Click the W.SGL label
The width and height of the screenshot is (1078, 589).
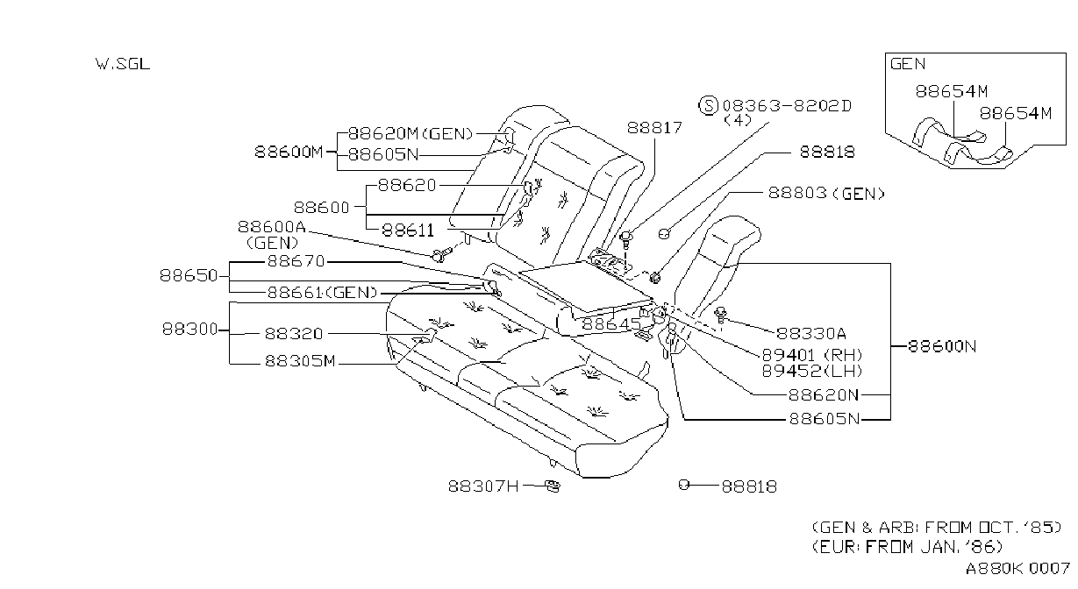tap(123, 64)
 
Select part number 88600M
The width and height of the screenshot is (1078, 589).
tap(289, 152)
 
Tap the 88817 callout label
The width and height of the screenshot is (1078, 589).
tap(654, 127)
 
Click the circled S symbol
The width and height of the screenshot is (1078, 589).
tap(708, 105)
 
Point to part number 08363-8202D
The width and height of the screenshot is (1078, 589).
tap(787, 106)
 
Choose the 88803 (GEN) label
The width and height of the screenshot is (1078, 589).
tap(826, 194)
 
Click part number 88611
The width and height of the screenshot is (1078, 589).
tap(408, 231)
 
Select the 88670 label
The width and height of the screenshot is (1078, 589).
tap(296, 261)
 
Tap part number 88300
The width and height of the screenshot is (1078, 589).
tap(190, 330)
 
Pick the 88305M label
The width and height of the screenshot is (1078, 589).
tap(300, 360)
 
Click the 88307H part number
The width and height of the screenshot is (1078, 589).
tap(483, 486)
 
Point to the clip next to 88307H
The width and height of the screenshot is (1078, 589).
tap(553, 486)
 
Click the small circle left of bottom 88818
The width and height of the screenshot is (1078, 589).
tap(683, 485)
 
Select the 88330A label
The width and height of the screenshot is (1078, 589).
tap(810, 333)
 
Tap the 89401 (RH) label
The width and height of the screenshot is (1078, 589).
tap(812, 355)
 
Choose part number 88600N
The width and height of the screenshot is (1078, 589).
tap(942, 346)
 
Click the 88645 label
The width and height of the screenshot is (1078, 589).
tap(611, 324)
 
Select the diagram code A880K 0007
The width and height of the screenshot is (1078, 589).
tap(1017, 569)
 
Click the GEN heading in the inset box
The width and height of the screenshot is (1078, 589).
tap(908, 64)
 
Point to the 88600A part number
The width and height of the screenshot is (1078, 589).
tap(271, 226)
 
